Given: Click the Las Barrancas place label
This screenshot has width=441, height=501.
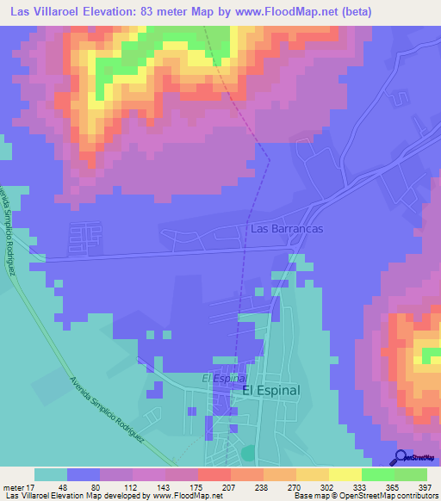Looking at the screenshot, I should (287, 230).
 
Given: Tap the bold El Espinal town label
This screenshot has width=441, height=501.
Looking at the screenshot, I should (270, 390).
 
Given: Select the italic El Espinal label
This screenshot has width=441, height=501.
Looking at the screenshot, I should (225, 378).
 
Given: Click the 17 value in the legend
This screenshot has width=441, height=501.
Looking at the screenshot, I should (25, 486).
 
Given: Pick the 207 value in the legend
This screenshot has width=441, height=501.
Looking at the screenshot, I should (204, 486).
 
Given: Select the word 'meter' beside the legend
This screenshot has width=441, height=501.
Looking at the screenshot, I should (10, 486).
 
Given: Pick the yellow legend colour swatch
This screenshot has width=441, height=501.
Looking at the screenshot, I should (345, 474).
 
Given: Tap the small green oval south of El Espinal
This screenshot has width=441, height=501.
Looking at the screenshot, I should (248, 452).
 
